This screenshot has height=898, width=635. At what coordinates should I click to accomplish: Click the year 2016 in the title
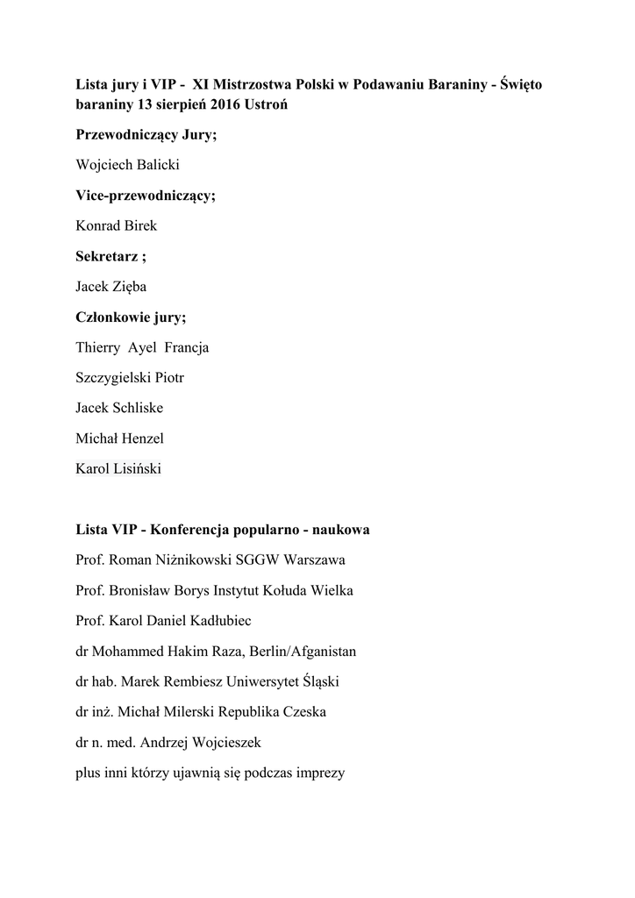point(226,105)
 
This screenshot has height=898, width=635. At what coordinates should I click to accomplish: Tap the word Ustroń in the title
point(267,105)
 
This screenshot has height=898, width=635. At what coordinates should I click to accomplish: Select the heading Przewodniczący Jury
point(146,135)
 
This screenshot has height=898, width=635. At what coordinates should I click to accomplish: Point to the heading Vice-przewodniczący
point(146,196)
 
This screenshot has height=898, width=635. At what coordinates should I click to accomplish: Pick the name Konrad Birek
point(117,225)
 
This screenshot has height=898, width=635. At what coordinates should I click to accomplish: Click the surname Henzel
point(143,438)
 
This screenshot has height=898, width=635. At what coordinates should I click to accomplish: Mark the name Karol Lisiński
point(118,469)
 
